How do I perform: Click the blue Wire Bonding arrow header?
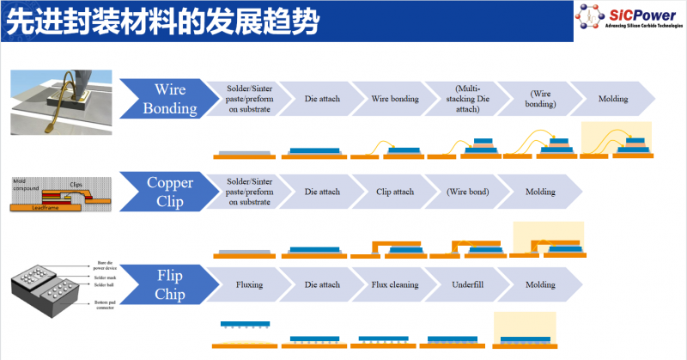[x=168, y=99]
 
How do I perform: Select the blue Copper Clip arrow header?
[x=168, y=192]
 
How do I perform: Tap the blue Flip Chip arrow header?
[x=168, y=284]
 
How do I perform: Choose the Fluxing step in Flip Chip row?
[x=248, y=284]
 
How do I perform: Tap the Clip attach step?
[x=395, y=192]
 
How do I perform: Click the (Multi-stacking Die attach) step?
[x=468, y=99]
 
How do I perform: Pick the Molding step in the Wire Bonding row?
[x=613, y=99]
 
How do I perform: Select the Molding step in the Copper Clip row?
[x=540, y=192]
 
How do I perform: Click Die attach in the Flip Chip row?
[x=322, y=284]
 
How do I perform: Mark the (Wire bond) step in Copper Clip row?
[x=468, y=192]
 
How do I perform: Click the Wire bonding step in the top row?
[x=395, y=99]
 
